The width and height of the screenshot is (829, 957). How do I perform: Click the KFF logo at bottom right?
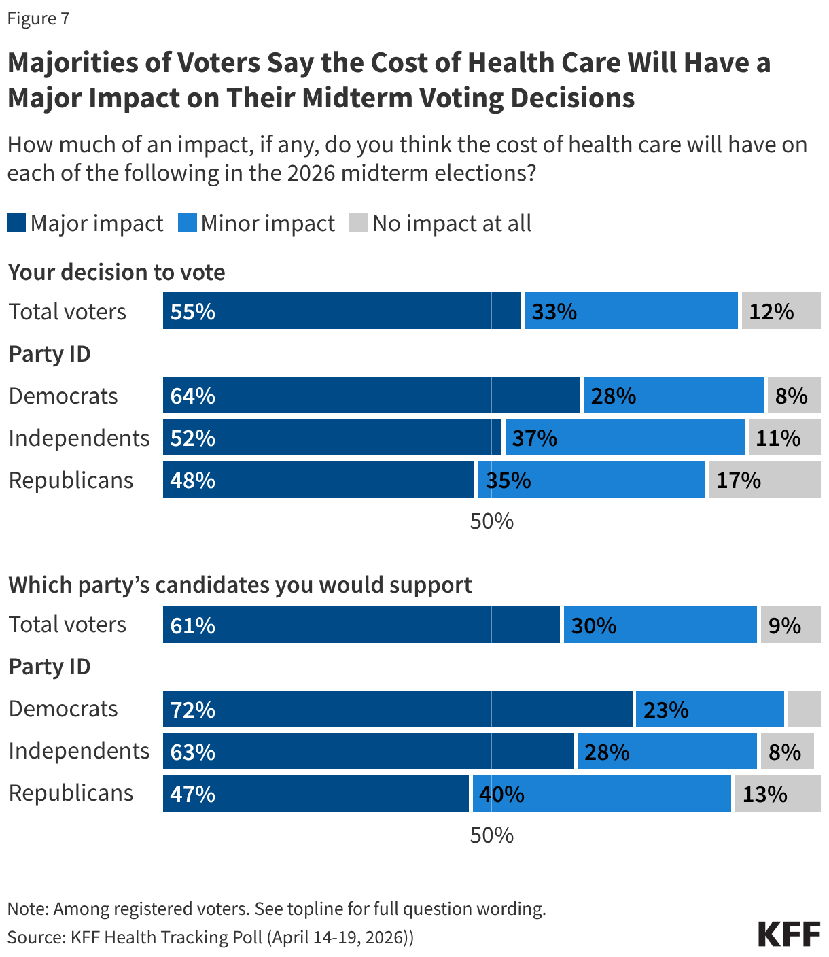tap(789, 935)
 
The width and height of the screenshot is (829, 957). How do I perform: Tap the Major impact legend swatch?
tap(16, 223)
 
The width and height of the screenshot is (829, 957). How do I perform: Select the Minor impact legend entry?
tap(257, 223)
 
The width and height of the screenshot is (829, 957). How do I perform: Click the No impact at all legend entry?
tap(440, 223)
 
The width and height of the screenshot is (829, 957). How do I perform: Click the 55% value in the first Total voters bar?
tap(193, 312)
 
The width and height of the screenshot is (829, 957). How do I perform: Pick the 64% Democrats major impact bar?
tap(371, 396)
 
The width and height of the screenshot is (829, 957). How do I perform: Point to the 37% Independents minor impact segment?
tap(624, 438)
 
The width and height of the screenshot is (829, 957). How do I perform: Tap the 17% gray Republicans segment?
tap(764, 480)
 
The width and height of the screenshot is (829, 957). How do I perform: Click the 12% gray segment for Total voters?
tap(781, 311)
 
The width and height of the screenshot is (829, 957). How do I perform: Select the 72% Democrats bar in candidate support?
tap(398, 710)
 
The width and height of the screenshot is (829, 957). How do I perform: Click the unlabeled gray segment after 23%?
tap(804, 710)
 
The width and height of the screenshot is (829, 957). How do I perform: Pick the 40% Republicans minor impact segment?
tap(601, 794)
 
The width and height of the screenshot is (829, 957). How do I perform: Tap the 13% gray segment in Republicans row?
tap(777, 794)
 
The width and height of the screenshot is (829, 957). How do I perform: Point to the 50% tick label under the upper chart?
tap(491, 521)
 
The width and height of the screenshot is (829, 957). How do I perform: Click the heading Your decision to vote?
tap(116, 273)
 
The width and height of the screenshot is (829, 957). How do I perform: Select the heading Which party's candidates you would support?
tap(240, 585)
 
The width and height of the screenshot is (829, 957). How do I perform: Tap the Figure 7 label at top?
tap(39, 18)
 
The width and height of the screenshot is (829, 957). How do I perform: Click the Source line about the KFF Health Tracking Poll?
tap(210, 937)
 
